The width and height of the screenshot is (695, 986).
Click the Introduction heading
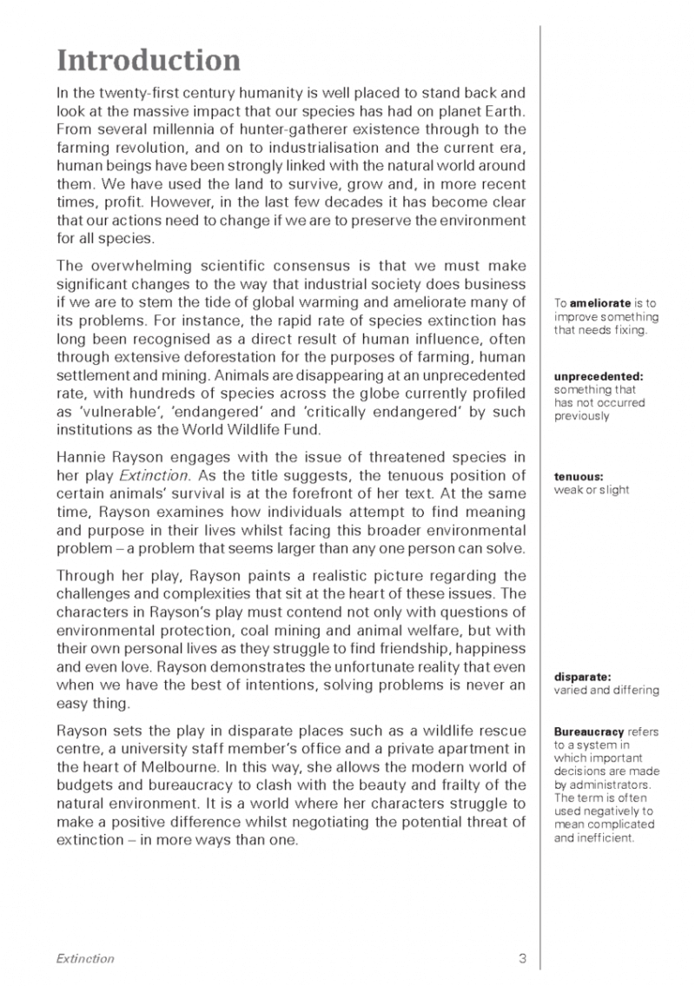coord(149,61)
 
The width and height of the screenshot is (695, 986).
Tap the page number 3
coord(522,959)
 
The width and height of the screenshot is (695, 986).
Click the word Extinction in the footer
coord(85,959)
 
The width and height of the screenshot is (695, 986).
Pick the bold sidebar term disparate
coord(579,677)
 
